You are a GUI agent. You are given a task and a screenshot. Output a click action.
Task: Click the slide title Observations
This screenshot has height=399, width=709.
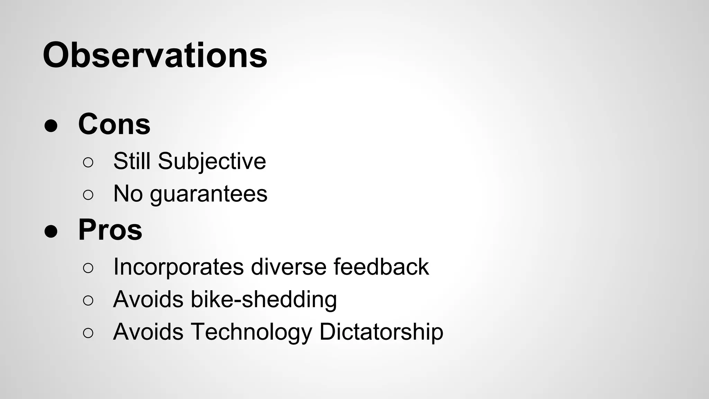tap(155, 55)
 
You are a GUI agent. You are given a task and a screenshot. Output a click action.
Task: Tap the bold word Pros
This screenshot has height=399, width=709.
tap(110, 230)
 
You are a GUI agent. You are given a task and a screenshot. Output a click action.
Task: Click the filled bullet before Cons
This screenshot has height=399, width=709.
tap(51, 126)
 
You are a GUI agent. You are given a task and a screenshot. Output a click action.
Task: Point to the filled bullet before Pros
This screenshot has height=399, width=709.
tap(51, 232)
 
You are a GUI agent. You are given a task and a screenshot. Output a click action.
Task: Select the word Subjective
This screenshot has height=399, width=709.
tap(212, 162)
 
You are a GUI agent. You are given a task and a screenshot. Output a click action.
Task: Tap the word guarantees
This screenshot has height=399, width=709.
tap(208, 194)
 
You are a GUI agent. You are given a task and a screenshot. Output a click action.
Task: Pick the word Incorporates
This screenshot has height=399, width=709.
tap(178, 267)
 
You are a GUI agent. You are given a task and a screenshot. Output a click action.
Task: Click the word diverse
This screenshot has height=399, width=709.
tap(288, 267)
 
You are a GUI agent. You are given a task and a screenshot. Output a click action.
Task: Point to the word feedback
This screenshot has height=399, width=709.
tap(381, 267)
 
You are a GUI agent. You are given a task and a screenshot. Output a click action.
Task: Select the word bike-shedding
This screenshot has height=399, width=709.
tap(263, 300)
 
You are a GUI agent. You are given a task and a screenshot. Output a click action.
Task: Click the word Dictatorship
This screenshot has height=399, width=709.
tap(381, 332)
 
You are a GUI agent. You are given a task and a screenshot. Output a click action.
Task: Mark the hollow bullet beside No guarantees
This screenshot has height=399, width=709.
tap(88, 195)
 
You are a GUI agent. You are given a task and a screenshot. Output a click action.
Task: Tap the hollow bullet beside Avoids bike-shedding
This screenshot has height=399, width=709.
tap(88, 301)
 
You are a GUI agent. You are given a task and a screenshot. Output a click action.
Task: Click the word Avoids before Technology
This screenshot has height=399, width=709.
tap(148, 332)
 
